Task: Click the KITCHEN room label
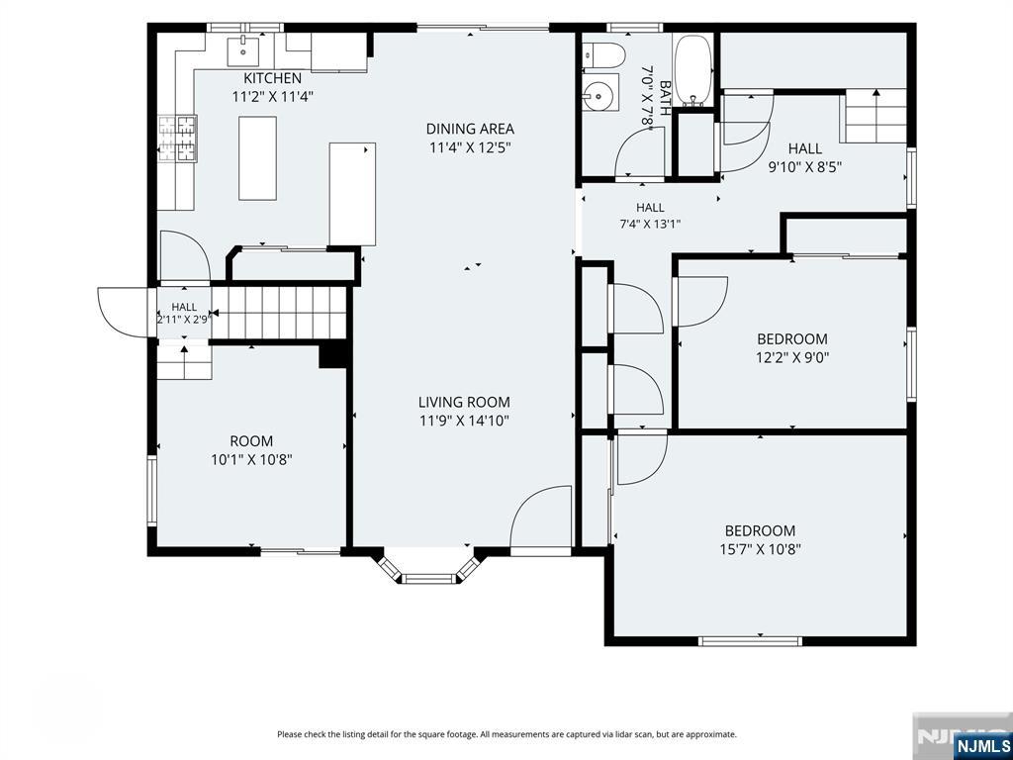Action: (x=272, y=78)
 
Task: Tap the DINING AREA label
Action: (x=470, y=129)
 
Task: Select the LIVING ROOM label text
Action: (x=464, y=402)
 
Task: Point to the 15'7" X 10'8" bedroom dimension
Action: (x=760, y=550)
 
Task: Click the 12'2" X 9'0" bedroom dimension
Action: (x=792, y=357)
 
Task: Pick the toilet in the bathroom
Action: (x=603, y=55)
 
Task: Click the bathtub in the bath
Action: (x=693, y=70)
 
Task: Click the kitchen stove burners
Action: (x=178, y=138)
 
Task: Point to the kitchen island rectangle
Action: (x=257, y=158)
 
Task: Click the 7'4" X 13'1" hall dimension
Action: (x=650, y=225)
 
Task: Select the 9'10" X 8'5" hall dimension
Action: (x=805, y=166)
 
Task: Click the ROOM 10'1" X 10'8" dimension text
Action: (x=251, y=460)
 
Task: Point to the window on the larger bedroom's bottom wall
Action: (x=750, y=641)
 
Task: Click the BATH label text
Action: (x=665, y=94)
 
